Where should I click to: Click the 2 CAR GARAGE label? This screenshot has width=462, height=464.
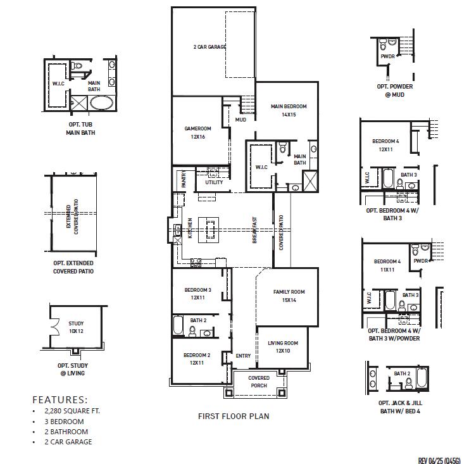click(209, 47)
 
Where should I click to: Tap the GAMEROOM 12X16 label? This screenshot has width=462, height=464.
click(197, 132)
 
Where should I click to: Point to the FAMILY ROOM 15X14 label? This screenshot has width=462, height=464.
click(289, 296)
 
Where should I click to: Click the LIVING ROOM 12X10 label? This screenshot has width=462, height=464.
click(283, 346)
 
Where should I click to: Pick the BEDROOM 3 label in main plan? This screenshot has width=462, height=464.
click(197, 294)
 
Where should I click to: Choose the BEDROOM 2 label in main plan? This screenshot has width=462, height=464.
click(197, 359)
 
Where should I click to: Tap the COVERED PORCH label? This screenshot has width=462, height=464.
click(259, 382)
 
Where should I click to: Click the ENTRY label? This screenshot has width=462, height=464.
click(243, 356)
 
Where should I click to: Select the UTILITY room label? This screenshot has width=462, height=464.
click(214, 182)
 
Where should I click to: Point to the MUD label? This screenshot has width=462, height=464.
click(240, 120)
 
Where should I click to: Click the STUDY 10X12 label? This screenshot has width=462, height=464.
click(76, 327)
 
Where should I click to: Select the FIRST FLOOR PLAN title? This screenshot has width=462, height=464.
click(234, 417)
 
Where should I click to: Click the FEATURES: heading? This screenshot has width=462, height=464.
click(60, 399)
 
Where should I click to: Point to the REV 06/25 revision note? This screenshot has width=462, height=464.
click(439, 460)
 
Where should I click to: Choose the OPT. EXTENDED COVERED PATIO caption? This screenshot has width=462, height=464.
click(73, 266)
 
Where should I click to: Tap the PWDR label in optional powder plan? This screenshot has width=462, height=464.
click(387, 56)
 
